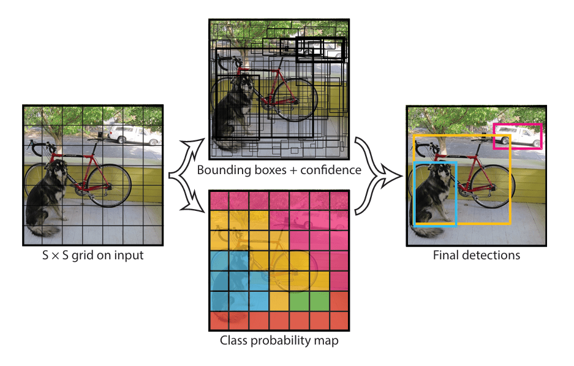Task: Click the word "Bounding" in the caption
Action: (221, 169)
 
